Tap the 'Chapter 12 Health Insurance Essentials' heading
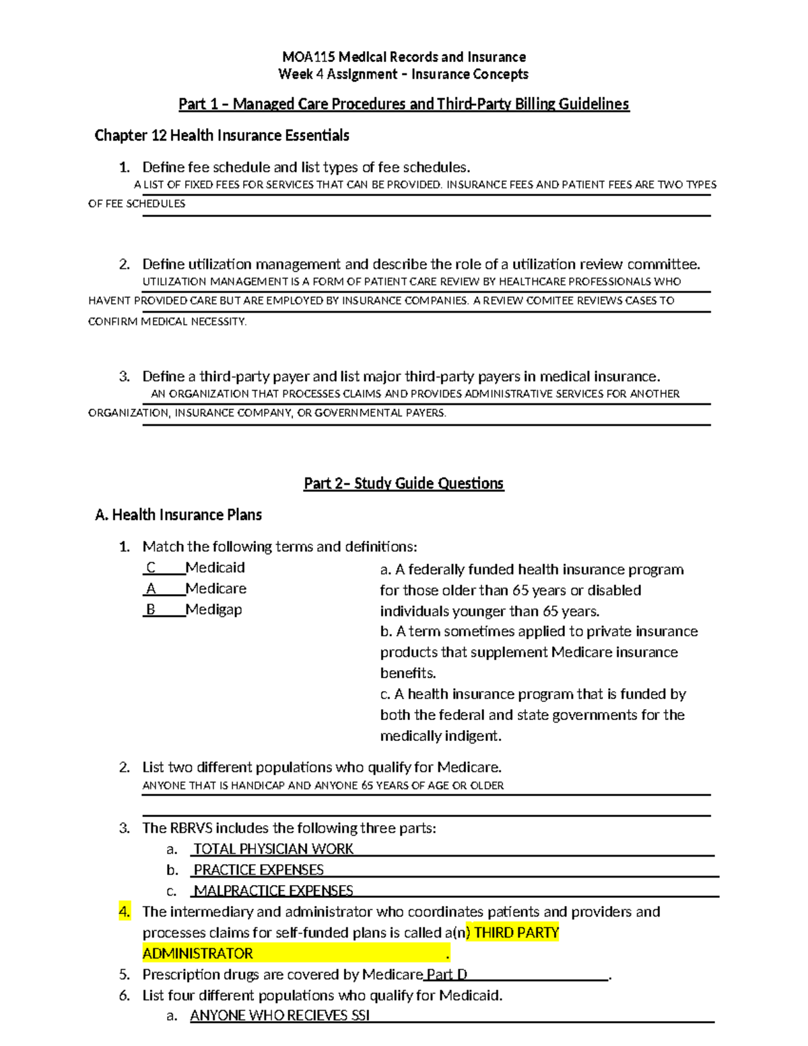[222, 135]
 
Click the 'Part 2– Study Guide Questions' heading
[403, 484]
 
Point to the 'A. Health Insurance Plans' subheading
[178, 515]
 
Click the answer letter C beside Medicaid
[151, 568]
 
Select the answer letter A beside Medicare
[151, 589]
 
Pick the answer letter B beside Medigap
[151, 610]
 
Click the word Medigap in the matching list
[213, 610]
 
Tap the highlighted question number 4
[124, 912]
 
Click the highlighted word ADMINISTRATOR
[198, 954]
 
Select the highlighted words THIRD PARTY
[516, 933]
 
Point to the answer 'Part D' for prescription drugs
[446, 975]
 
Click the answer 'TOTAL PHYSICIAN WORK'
[273, 849]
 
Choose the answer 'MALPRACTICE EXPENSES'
[273, 891]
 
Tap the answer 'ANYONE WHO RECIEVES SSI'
[280, 1016]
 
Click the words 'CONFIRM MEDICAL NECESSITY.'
[168, 322]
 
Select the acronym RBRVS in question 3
[191, 828]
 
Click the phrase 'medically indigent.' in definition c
[440, 736]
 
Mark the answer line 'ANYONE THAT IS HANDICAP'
[323, 785]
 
